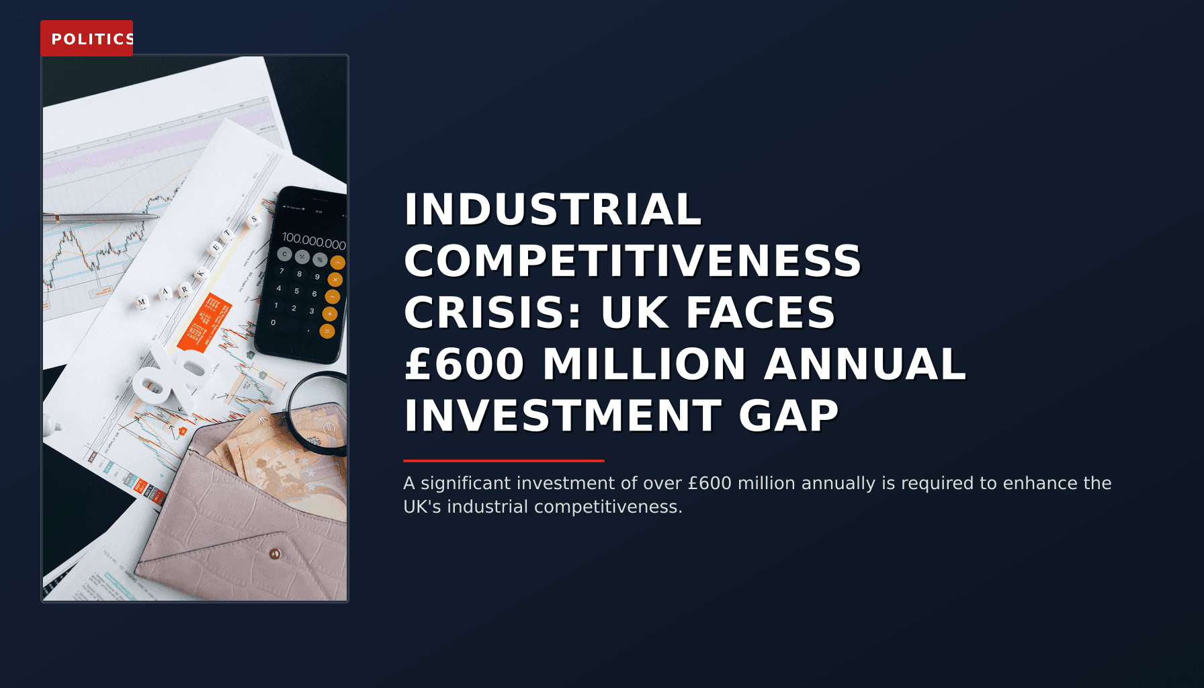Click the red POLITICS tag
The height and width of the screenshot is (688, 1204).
(x=87, y=38)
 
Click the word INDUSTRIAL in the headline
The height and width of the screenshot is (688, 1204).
(x=552, y=210)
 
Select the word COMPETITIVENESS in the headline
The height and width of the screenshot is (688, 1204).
(x=632, y=261)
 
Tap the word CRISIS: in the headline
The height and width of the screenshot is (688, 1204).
(x=492, y=313)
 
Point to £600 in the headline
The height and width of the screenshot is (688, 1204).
(x=464, y=365)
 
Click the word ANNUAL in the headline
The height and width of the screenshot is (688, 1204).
(x=865, y=365)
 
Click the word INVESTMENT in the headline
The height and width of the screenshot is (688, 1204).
(x=562, y=416)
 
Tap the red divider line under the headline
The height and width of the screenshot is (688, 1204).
(x=503, y=461)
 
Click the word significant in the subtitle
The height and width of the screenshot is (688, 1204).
(x=466, y=484)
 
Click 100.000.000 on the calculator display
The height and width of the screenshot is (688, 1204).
(x=313, y=240)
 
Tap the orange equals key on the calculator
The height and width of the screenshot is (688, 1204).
(x=327, y=331)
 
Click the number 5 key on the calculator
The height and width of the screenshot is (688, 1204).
(x=296, y=291)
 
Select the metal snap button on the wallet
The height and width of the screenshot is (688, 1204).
(x=274, y=554)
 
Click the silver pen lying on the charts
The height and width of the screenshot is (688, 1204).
(x=101, y=218)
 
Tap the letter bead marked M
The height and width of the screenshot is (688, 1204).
(x=142, y=302)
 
